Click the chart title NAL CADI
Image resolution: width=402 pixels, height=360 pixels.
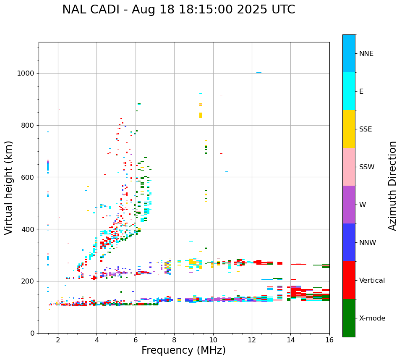(x=178, y=10)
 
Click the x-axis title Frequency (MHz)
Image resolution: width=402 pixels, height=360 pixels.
(x=183, y=350)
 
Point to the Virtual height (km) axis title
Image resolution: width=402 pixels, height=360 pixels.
(x=9, y=187)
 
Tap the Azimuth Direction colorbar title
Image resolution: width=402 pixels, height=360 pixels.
(x=392, y=186)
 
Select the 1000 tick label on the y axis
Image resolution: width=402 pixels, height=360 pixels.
(x=25, y=73)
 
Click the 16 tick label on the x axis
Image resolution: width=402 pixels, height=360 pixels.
(x=329, y=340)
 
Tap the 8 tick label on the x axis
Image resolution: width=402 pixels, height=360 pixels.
(x=174, y=340)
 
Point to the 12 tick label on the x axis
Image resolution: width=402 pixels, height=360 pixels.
(x=252, y=340)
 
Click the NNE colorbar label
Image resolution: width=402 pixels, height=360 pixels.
(x=366, y=54)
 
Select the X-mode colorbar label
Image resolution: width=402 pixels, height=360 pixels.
(x=372, y=318)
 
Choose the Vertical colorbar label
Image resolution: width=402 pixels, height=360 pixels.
(x=372, y=281)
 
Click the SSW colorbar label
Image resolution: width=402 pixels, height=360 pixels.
(x=367, y=167)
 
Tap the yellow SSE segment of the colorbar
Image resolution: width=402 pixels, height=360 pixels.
(x=349, y=129)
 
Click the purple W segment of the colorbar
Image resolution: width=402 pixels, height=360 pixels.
(x=349, y=205)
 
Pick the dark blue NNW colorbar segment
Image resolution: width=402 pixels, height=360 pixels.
(x=349, y=242)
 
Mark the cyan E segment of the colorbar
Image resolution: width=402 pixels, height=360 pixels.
(x=349, y=91)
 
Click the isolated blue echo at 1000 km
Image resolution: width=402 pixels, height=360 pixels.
(x=259, y=73)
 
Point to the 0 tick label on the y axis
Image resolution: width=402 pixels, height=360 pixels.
(x=32, y=333)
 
